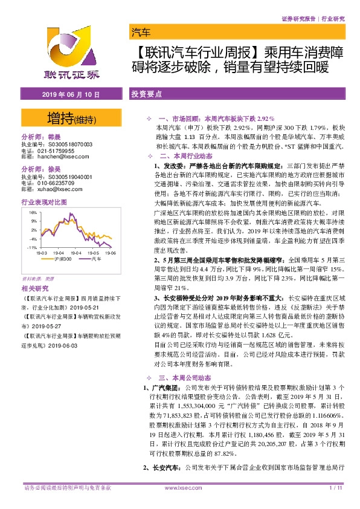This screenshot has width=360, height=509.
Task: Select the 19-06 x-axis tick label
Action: [109, 254]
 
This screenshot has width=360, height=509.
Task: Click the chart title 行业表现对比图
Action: [43, 203]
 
